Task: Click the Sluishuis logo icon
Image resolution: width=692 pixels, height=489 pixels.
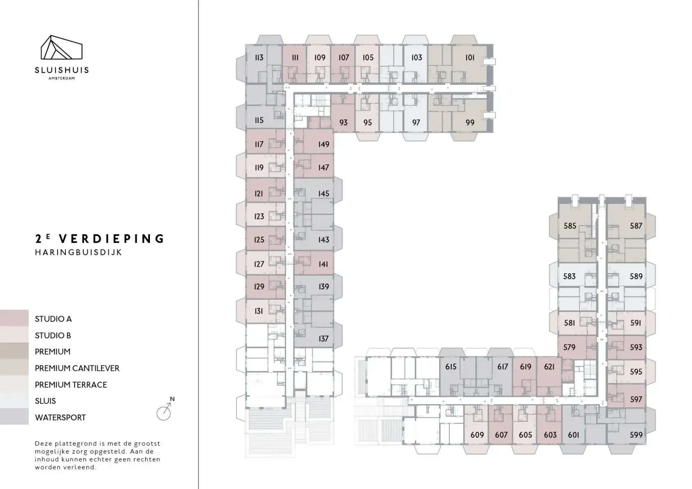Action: [x=61, y=47]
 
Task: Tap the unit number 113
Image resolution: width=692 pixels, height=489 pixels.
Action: [x=259, y=58]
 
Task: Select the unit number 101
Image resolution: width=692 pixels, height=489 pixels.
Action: [x=470, y=58]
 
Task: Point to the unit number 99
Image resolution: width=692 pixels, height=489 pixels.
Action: [x=470, y=123]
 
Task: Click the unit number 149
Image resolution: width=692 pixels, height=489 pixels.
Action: [x=323, y=144]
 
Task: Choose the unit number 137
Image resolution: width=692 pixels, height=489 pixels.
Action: [x=323, y=339]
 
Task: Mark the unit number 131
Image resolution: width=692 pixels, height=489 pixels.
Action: [x=259, y=311]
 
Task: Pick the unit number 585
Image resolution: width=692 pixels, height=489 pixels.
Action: [x=570, y=226]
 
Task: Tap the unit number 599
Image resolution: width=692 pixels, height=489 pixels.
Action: [x=636, y=435]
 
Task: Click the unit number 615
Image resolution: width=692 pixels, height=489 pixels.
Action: [x=451, y=367]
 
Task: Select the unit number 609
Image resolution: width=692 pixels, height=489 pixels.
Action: [x=477, y=435]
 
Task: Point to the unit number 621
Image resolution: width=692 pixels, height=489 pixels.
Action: [x=549, y=367]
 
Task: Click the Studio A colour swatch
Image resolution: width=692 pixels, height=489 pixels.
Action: [x=14, y=318]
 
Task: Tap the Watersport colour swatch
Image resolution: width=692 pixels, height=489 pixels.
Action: [x=14, y=417]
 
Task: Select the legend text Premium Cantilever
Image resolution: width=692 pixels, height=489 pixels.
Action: [x=77, y=368]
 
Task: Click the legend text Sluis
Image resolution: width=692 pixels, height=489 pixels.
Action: [x=45, y=401]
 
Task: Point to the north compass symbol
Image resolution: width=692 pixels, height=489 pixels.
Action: [x=165, y=409]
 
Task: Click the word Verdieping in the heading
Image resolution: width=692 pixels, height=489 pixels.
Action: [x=112, y=239]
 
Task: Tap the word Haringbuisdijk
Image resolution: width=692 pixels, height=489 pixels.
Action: [x=78, y=253]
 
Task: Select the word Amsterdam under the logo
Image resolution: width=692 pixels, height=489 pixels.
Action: [x=61, y=78]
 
